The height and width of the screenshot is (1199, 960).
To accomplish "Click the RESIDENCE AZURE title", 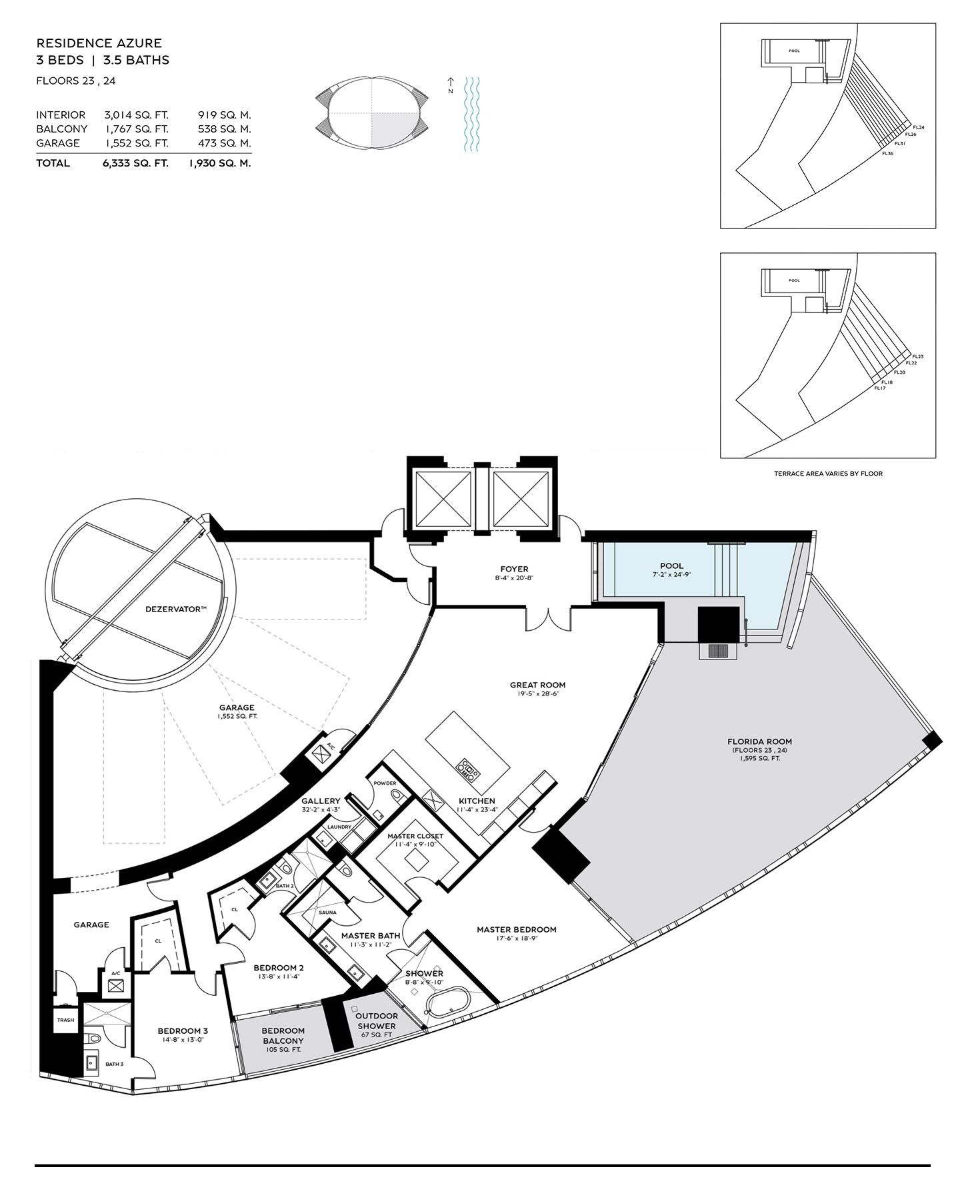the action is [x=99, y=43].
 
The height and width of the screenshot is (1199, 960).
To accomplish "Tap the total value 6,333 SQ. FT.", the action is [x=135, y=163].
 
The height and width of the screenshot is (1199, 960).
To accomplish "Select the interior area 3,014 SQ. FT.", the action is [x=136, y=115].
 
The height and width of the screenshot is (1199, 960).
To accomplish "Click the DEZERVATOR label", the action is [x=176, y=609].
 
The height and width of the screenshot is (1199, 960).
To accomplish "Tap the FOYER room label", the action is [x=514, y=570].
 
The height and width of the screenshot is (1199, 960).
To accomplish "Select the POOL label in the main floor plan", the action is [x=671, y=566].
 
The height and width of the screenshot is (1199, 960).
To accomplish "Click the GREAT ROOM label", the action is [x=537, y=685].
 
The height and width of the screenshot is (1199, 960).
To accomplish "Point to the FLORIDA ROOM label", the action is [x=759, y=741].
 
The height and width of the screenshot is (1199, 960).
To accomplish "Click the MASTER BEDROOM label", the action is [x=516, y=929].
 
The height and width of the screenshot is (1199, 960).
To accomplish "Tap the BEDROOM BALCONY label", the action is [x=283, y=1036].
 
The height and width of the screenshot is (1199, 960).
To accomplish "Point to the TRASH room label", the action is [x=66, y=1020].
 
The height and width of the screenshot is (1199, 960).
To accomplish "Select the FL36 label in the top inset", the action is [x=887, y=153].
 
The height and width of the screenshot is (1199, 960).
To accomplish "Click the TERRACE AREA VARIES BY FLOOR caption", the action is [x=828, y=474].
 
